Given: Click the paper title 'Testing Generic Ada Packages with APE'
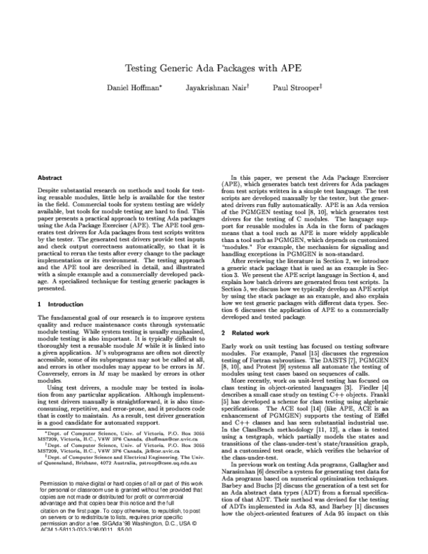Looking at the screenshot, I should tap(213, 69).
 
